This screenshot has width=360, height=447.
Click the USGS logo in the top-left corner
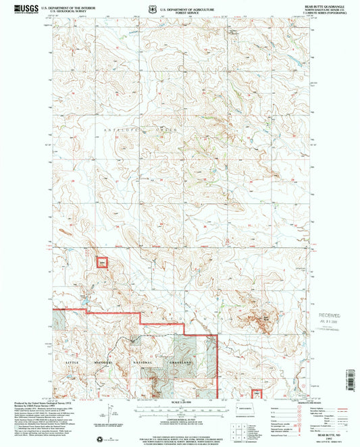(x=13, y=7)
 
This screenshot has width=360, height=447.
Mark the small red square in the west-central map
(x=102, y=263)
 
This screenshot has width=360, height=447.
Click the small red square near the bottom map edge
(x=257, y=393)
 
